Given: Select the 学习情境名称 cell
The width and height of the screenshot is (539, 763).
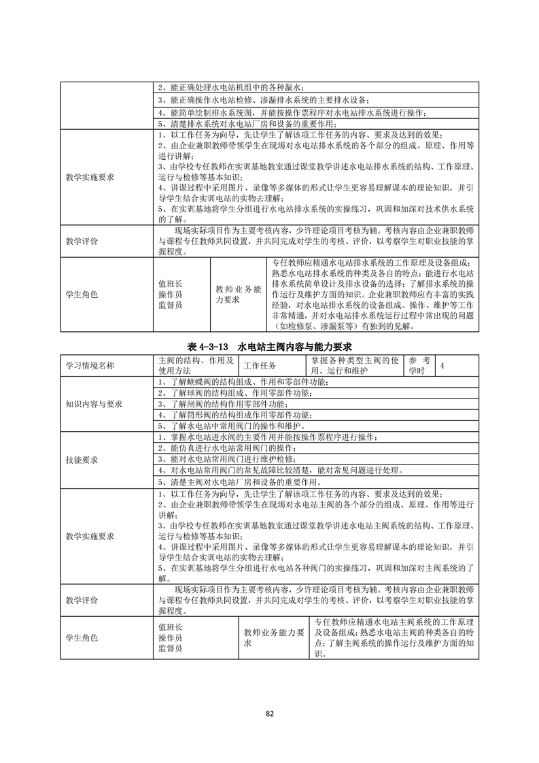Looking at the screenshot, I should (x=90, y=365).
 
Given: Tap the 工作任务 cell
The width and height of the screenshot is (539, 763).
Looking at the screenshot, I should (x=259, y=365).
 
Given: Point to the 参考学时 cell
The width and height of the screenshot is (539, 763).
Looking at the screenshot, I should (x=419, y=365).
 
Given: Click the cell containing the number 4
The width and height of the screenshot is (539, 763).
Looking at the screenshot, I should (x=443, y=365).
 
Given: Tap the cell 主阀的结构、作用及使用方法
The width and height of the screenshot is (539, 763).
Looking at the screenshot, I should (x=196, y=365).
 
